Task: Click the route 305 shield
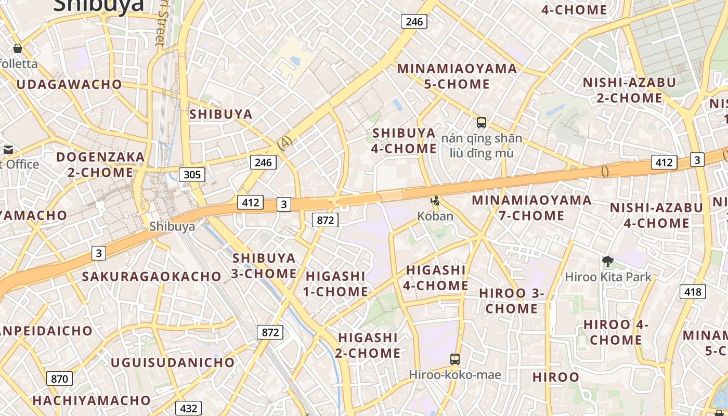click(192, 174)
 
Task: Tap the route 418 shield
click(693, 292)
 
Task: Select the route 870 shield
click(59, 379)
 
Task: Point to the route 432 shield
click(188, 408)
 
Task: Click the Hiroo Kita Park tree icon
click(607, 262)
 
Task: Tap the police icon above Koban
click(435, 201)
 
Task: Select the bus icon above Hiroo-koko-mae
click(454, 359)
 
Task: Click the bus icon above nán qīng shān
click(482, 123)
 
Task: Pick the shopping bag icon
click(18, 48)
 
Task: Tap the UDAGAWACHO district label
click(69, 84)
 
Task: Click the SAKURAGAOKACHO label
click(152, 276)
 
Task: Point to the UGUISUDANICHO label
click(173, 362)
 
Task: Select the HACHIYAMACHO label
click(92, 400)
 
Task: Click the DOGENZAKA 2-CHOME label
click(100, 164)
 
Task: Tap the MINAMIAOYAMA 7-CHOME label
click(531, 207)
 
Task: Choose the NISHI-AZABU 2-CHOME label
click(629, 90)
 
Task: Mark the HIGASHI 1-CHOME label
click(336, 283)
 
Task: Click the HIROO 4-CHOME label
click(616, 332)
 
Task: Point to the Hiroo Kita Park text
click(608, 277)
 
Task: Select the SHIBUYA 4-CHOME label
click(404, 140)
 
